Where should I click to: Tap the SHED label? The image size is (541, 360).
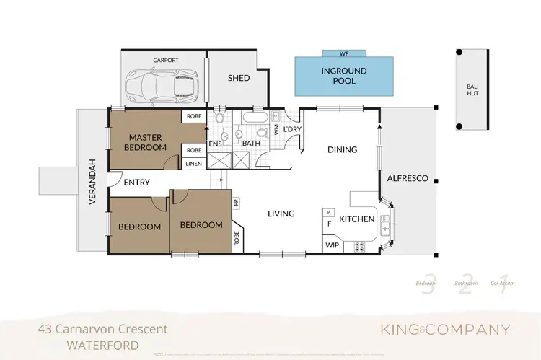(239, 78)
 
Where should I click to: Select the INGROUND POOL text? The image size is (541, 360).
(343, 76)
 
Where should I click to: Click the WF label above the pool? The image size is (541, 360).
(343, 53)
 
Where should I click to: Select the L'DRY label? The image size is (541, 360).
(291, 128)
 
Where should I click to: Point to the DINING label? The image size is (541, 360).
(342, 150)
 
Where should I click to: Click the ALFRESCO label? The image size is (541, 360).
(408, 178)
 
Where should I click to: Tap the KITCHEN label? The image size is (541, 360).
(356, 219)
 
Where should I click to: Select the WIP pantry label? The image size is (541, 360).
(332, 246)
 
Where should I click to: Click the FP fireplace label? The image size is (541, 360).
(235, 203)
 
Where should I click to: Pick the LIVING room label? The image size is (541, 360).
(281, 214)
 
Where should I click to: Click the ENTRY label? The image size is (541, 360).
(136, 183)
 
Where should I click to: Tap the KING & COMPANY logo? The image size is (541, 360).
(445, 330)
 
